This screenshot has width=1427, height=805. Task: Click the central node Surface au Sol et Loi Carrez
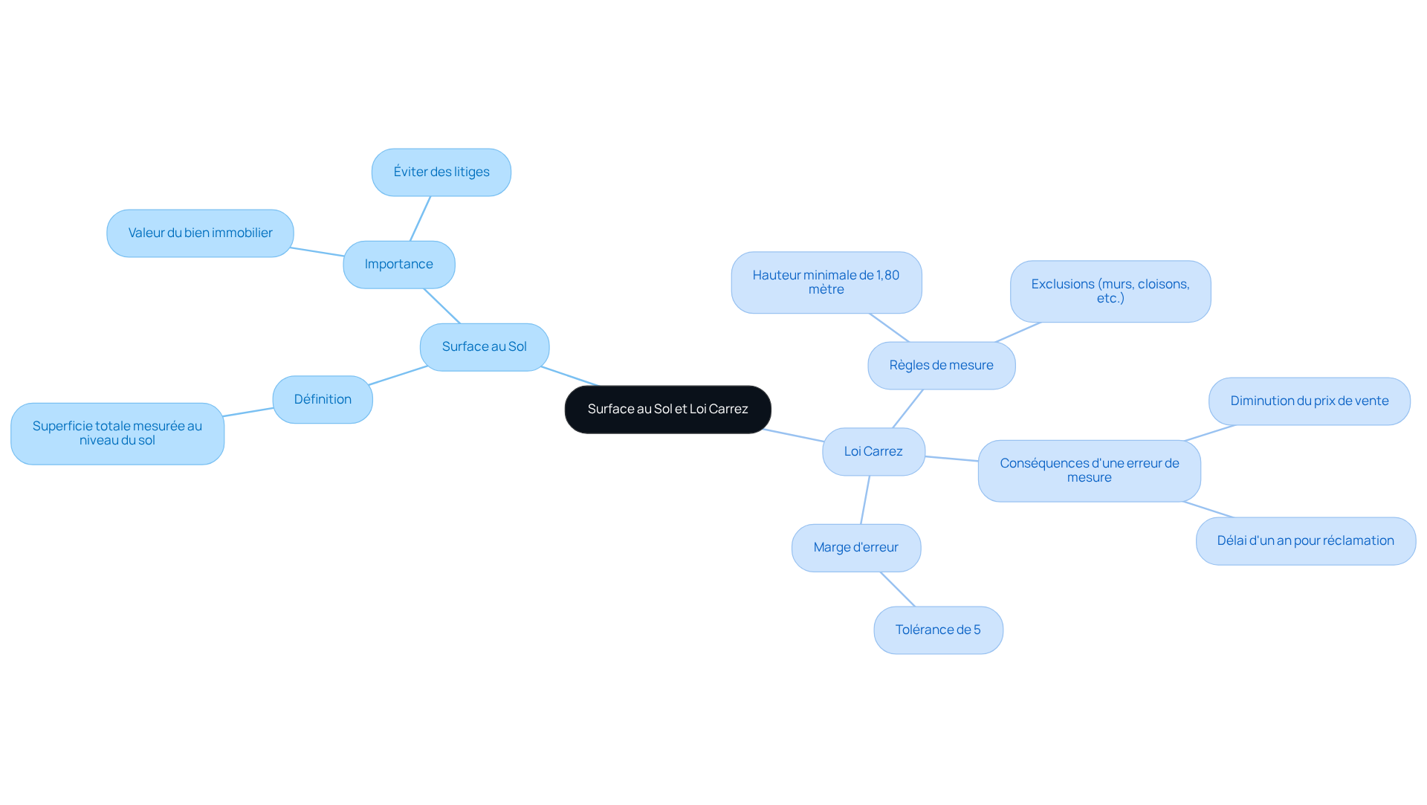click(x=667, y=410)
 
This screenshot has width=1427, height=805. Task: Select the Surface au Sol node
click(x=485, y=347)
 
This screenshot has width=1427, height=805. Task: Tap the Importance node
click(x=399, y=265)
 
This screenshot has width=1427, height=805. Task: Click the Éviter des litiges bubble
click(x=441, y=172)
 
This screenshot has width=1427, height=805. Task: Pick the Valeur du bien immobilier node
click(x=200, y=233)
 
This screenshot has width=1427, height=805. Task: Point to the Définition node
click(x=323, y=400)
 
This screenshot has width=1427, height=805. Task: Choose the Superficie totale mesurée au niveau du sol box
click(x=117, y=434)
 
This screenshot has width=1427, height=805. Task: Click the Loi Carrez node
click(x=873, y=452)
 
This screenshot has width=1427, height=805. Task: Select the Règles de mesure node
click(x=942, y=366)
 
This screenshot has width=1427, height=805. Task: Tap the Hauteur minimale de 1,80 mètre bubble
click(x=826, y=282)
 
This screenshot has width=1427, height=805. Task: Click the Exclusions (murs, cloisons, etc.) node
click(x=1110, y=291)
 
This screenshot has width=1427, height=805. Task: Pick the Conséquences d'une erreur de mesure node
click(x=1090, y=471)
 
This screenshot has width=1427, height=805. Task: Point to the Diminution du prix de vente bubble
click(x=1310, y=401)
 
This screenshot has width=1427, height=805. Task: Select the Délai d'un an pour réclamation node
click(x=1306, y=541)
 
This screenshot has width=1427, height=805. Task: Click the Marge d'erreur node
click(x=856, y=548)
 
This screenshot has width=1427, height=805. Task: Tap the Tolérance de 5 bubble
click(x=938, y=630)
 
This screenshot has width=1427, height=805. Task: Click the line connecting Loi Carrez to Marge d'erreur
click(x=865, y=500)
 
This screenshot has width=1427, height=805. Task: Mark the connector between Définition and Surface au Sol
click(x=398, y=375)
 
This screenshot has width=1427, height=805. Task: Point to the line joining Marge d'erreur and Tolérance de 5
click(x=898, y=589)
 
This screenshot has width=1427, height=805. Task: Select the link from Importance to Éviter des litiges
click(x=420, y=219)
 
